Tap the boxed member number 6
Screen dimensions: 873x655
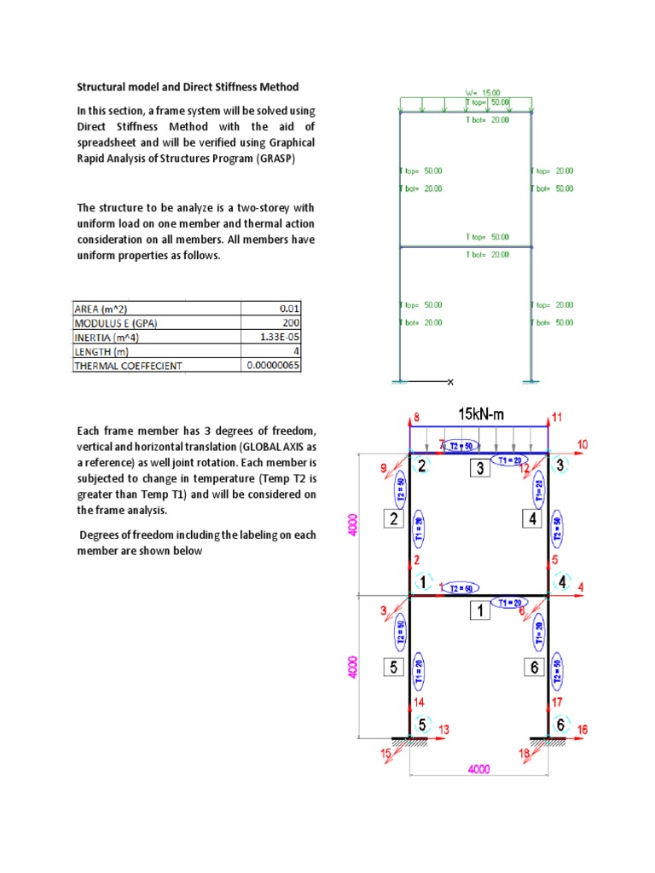534,667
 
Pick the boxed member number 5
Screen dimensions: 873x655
393,667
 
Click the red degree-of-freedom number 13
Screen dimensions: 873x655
443,729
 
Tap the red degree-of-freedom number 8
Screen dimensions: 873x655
417,417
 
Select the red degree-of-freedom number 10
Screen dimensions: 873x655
583,444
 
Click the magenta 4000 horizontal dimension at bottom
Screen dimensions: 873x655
478,768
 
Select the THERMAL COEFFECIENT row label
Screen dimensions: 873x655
128,366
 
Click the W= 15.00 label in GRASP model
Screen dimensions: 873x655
483,92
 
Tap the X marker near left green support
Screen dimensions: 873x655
450,381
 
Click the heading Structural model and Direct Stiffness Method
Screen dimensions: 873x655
188,87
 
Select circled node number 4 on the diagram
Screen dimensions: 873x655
562,582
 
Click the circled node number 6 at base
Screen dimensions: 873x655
559,724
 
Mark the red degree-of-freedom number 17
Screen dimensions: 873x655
556,702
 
